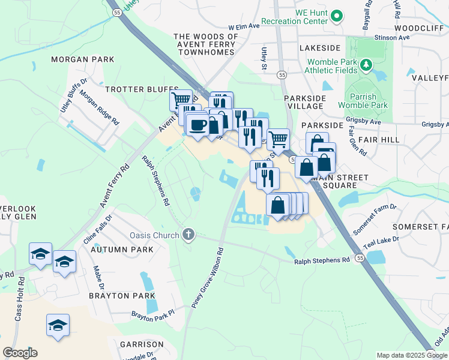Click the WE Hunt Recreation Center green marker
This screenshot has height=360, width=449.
click(x=337, y=16)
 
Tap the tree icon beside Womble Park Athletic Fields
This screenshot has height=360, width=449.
click(x=364, y=64)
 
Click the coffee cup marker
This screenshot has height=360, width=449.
click(x=197, y=125)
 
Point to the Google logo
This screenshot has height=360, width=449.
click(x=20, y=353)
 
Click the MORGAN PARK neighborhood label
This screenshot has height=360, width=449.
click(x=82, y=60)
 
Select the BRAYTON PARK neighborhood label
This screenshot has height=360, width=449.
click(x=122, y=296)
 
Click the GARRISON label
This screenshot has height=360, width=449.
click(x=141, y=344)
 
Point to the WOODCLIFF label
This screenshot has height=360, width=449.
click(x=418, y=28)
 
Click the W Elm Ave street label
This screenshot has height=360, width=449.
click(x=244, y=26)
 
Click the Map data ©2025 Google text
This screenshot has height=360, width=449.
click(x=411, y=355)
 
